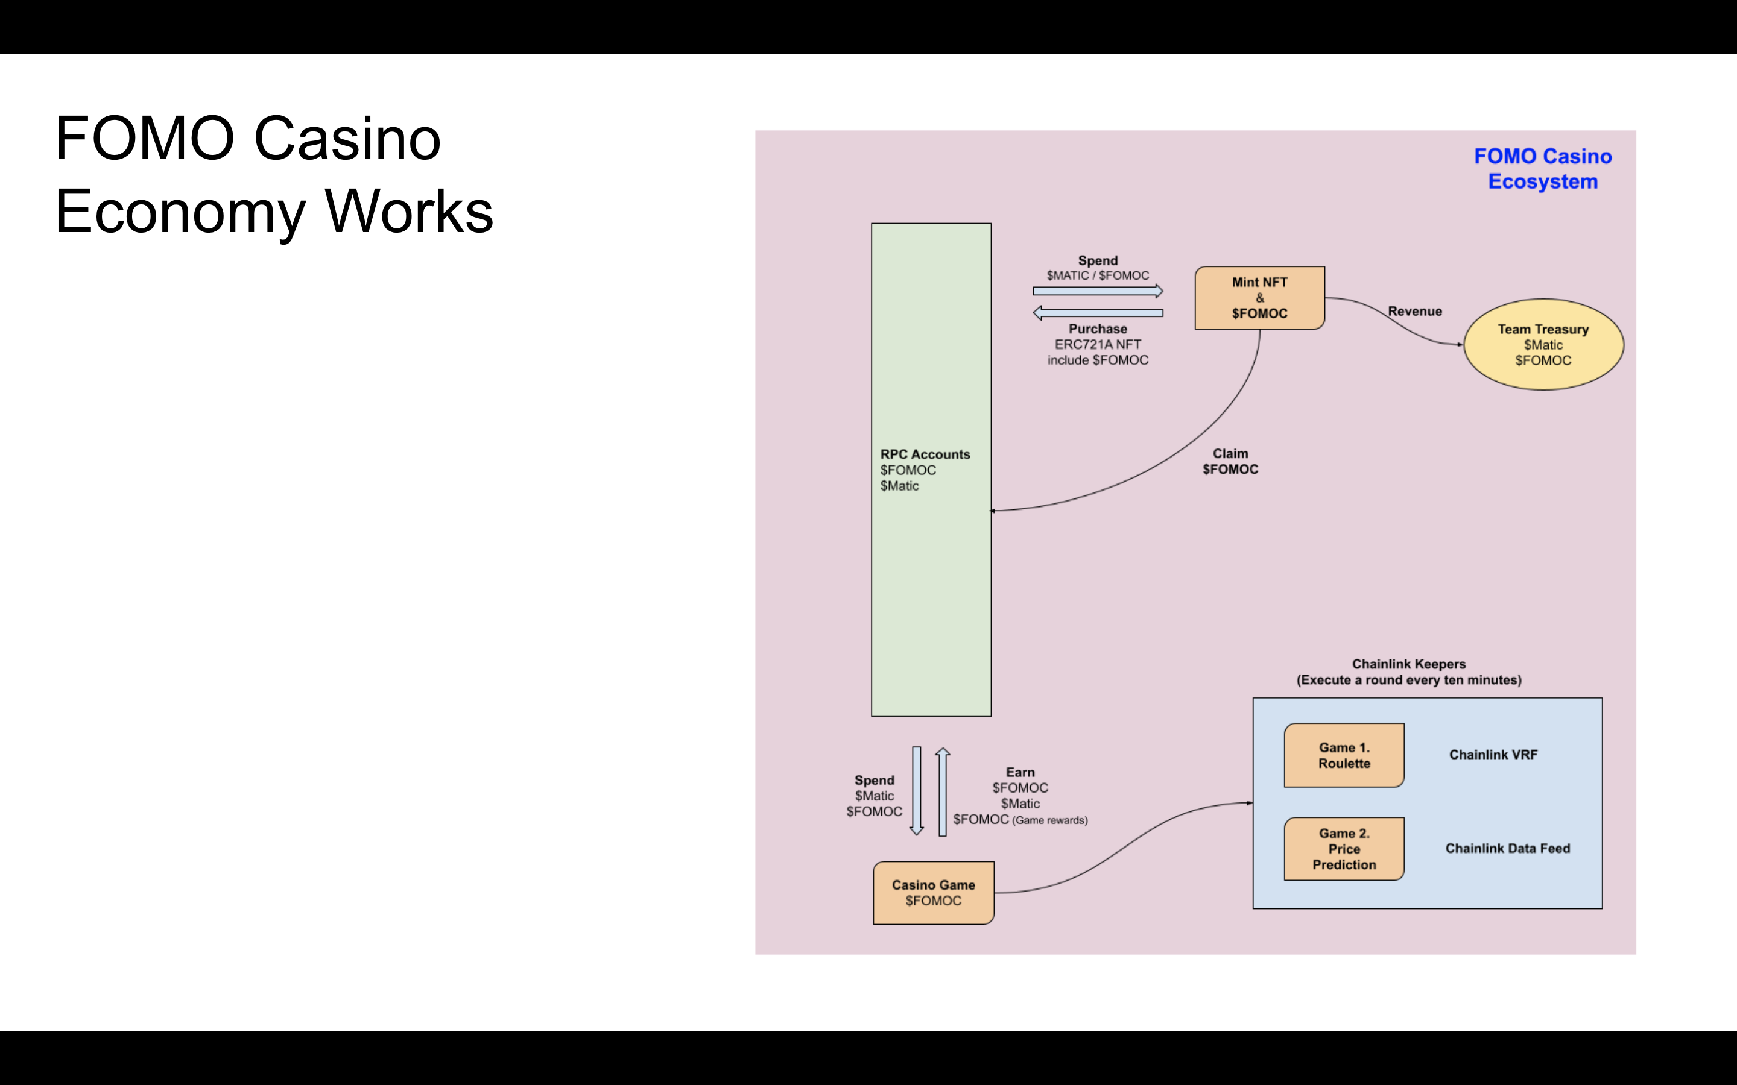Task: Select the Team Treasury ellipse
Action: coord(1543,344)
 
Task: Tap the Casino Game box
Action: coord(933,893)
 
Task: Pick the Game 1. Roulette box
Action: coord(1344,755)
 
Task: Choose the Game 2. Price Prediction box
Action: coord(1344,849)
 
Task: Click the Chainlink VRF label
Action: coord(1493,755)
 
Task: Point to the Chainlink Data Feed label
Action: coord(1507,848)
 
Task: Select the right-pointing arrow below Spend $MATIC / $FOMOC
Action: coord(1098,291)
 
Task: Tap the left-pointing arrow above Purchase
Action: coord(1098,313)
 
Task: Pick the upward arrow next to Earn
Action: coord(943,791)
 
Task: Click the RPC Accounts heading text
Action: coord(925,454)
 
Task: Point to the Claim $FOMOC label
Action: coord(1230,461)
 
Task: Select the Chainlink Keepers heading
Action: coord(1408,664)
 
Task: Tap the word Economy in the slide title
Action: coord(180,212)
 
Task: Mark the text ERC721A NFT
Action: coord(1098,344)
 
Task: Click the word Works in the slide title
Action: coord(409,212)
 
